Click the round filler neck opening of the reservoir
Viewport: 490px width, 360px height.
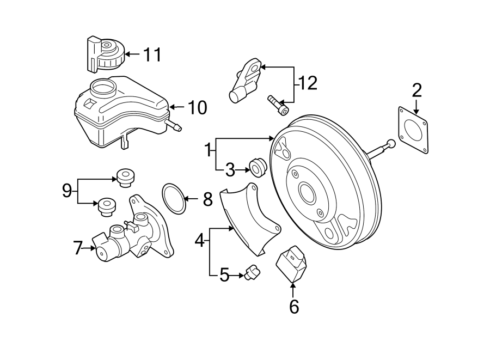102,87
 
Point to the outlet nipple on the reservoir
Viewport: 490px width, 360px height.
175,127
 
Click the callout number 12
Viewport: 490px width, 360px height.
307,83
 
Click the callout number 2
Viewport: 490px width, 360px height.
416,89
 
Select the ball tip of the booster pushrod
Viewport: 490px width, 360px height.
390,144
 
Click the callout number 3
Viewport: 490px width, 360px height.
230,170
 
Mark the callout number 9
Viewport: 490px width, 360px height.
66,191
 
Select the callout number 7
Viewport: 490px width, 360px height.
78,249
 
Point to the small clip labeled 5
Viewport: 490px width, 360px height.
252,272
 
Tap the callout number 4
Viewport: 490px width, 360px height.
200,240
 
